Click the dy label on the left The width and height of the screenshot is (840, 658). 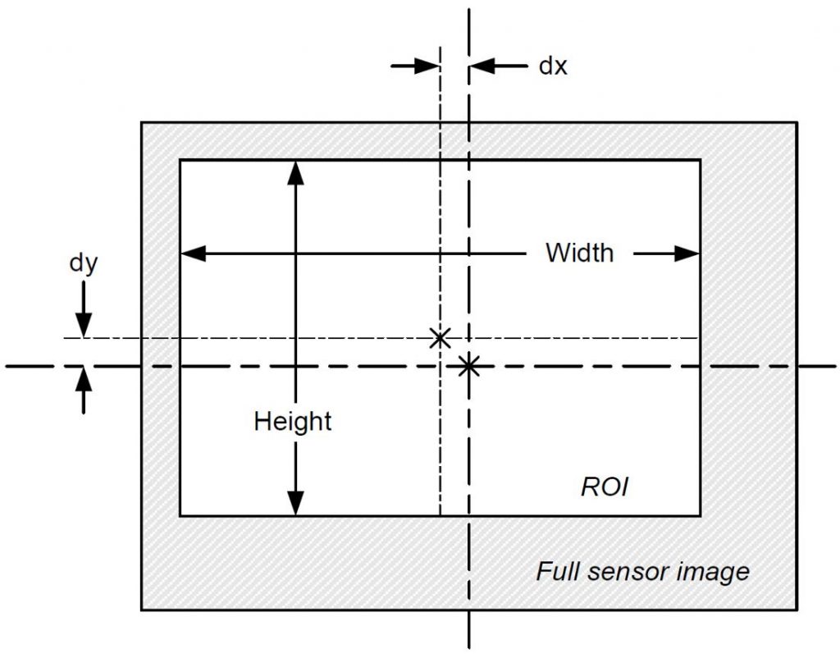(x=83, y=265)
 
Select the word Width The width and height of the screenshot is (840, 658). (x=579, y=253)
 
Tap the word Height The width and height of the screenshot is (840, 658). (x=293, y=422)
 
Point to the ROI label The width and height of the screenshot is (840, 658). (x=604, y=487)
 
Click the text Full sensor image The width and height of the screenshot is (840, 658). (x=642, y=570)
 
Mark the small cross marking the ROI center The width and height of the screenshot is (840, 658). (x=441, y=337)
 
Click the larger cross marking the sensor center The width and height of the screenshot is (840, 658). (x=468, y=366)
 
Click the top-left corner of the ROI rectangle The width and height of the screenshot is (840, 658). (x=180, y=161)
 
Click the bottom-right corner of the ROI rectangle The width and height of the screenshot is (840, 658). (x=700, y=515)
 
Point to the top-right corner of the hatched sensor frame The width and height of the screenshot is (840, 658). (x=797, y=123)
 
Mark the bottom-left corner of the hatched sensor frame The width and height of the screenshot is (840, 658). (x=142, y=610)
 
